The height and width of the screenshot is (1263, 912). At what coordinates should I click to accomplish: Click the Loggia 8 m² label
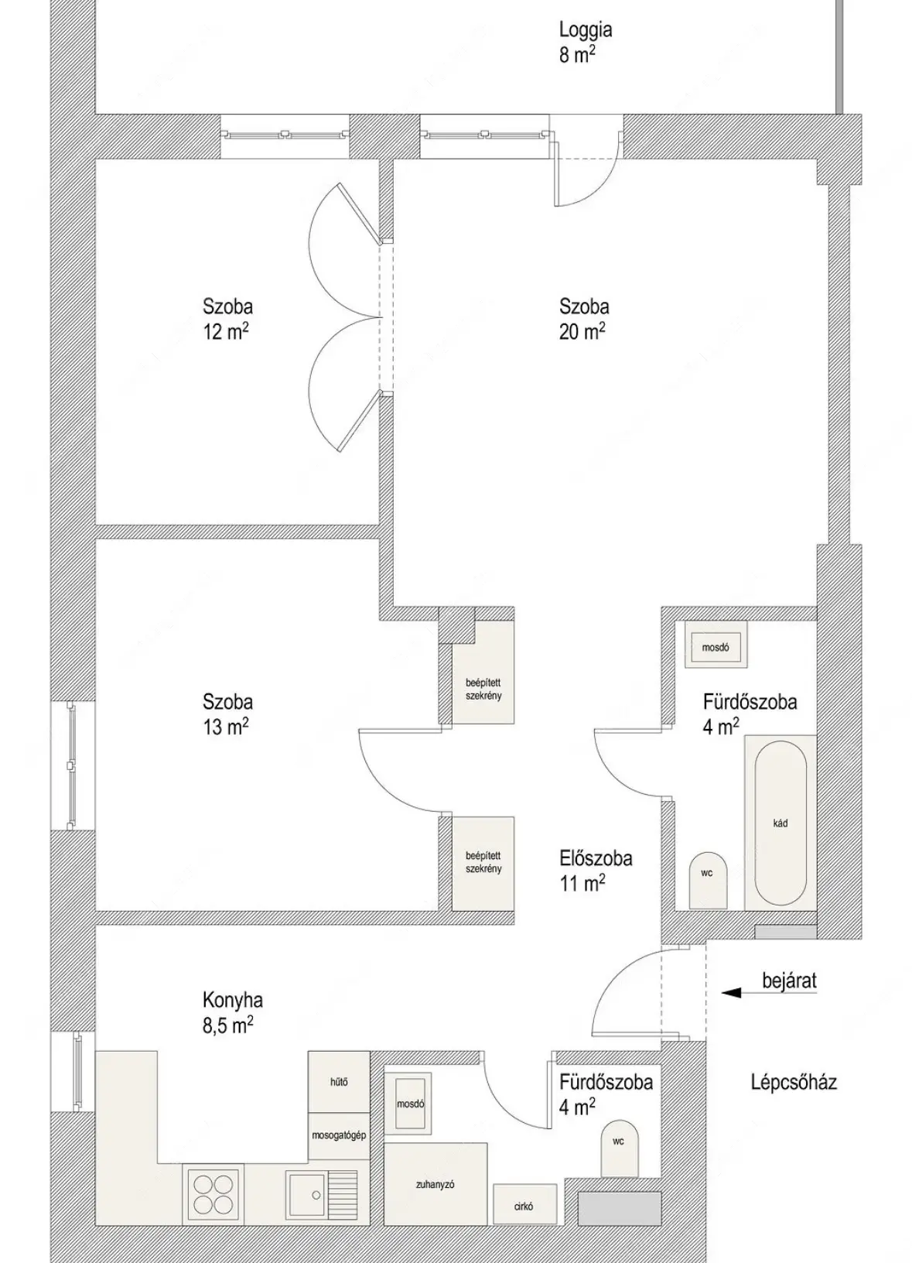pyautogui.click(x=585, y=43)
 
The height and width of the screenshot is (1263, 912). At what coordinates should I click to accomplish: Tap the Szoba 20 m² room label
pyautogui.click(x=584, y=319)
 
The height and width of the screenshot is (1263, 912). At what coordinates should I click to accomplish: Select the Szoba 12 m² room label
pyautogui.click(x=227, y=319)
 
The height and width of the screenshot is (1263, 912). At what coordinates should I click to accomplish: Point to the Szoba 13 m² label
pyautogui.click(x=227, y=714)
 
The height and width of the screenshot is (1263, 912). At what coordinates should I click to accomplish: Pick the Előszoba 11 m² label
pyautogui.click(x=596, y=871)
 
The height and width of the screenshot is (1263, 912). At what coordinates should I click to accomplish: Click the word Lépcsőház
pyautogui.click(x=794, y=1082)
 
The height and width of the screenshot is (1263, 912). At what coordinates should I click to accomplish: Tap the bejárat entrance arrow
pyautogui.click(x=770, y=1009)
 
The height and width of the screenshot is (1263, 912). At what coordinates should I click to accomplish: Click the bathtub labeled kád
pyautogui.click(x=780, y=823)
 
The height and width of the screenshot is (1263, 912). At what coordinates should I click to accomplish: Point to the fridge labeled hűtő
pyautogui.click(x=339, y=1082)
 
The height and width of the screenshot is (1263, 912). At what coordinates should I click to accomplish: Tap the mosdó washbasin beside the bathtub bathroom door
pyautogui.click(x=716, y=647)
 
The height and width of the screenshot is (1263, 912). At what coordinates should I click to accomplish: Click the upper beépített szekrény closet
pyautogui.click(x=483, y=672)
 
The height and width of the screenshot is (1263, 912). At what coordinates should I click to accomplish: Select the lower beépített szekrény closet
pyautogui.click(x=483, y=863)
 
